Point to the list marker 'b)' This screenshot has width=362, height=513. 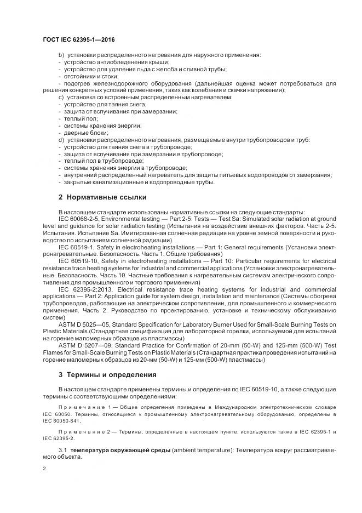61,55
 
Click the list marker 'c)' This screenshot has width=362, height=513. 61,97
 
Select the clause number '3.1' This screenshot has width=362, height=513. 62,449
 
